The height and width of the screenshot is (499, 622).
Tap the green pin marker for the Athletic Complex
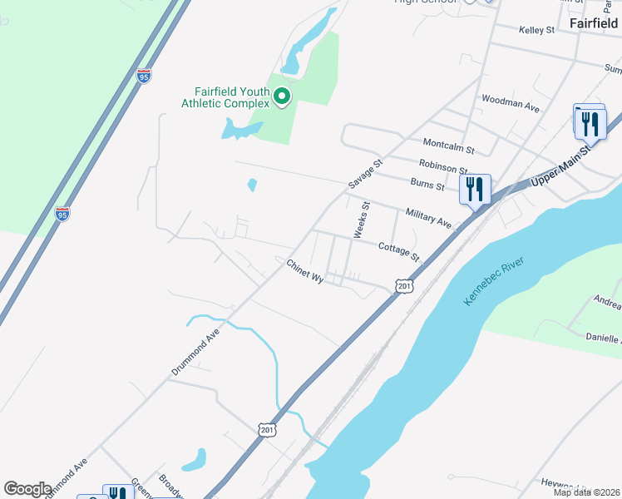click(x=282, y=97)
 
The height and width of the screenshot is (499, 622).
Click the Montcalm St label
click(x=447, y=146)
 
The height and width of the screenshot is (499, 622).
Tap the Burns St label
click(x=427, y=183)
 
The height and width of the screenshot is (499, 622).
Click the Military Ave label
click(x=428, y=219)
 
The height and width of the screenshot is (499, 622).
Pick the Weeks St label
click(x=361, y=220)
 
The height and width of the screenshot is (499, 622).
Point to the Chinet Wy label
click(x=304, y=271)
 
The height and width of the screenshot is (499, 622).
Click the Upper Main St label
click(x=560, y=166)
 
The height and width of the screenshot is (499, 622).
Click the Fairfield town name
click(x=594, y=23)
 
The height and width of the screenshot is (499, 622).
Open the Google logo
click(x=28, y=489)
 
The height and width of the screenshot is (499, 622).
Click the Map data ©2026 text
click(x=586, y=492)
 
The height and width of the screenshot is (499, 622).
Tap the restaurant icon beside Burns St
click(x=475, y=190)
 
